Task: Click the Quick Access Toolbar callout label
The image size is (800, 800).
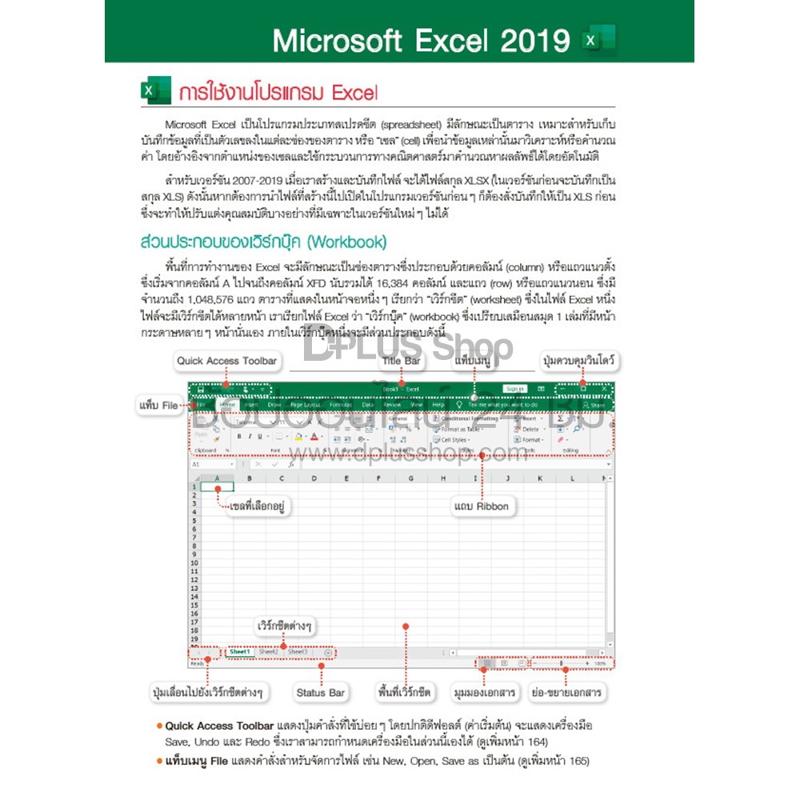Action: [x=227, y=361]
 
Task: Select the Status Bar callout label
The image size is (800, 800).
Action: [x=320, y=692]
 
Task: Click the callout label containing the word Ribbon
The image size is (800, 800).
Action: [x=481, y=506]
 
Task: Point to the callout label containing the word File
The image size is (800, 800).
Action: [x=158, y=406]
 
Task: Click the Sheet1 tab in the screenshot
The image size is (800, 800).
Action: [x=240, y=652]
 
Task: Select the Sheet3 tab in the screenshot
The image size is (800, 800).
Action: [x=298, y=652]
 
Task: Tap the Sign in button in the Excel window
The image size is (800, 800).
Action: [x=514, y=389]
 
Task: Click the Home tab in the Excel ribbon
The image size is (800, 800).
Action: [x=227, y=405]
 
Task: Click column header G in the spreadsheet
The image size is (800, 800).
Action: [x=410, y=478]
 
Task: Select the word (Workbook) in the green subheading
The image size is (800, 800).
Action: [x=347, y=241]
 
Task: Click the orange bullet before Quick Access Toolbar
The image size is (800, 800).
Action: [x=160, y=726]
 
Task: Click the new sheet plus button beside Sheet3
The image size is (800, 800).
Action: [x=328, y=653]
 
